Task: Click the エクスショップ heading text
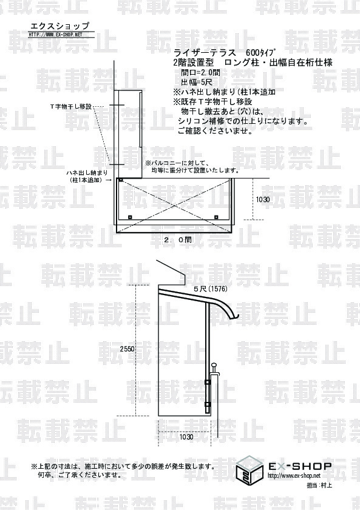[x=59, y=26]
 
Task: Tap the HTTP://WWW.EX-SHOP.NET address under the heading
[x=56, y=35]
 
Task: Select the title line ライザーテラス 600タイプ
[x=225, y=53]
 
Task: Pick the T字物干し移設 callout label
[x=71, y=107]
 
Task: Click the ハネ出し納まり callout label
[x=87, y=172]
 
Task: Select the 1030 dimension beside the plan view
[x=262, y=200]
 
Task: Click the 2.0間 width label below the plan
[x=178, y=240]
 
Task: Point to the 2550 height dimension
[x=127, y=349]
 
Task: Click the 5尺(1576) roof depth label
[x=211, y=289]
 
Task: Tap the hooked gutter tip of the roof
[x=237, y=317]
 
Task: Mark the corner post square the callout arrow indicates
[x=120, y=180]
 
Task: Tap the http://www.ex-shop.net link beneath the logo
[x=294, y=476]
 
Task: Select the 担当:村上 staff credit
[x=319, y=486]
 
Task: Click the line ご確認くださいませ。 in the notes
[x=215, y=131]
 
